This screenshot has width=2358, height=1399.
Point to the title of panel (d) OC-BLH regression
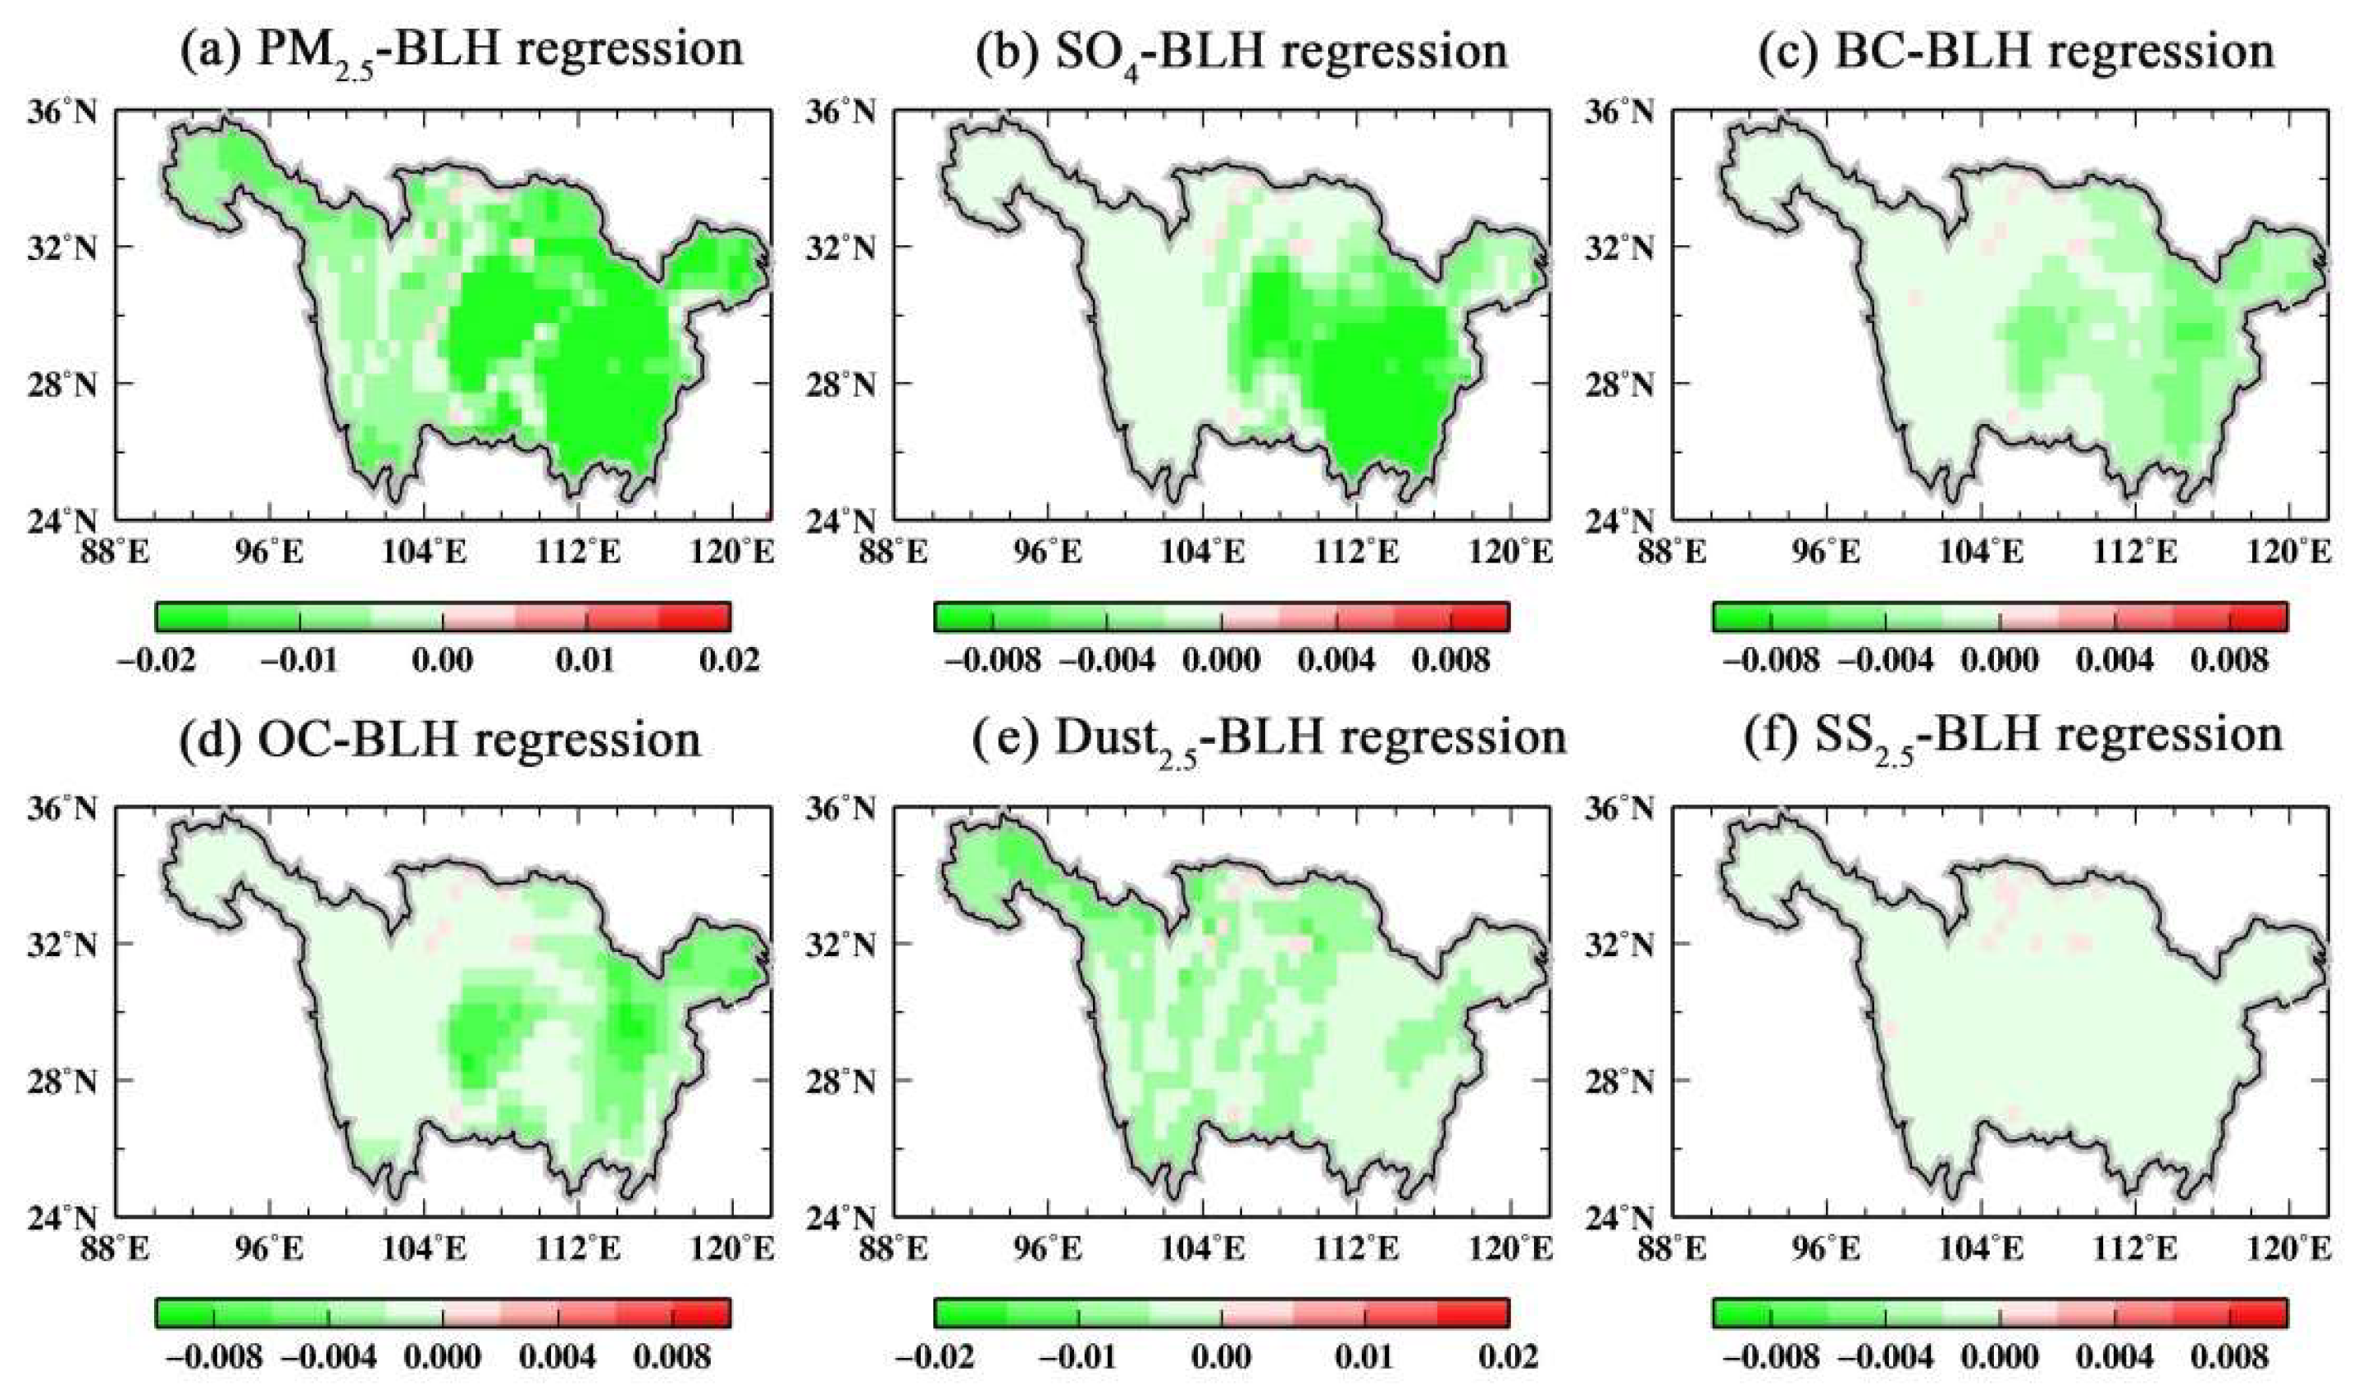[x=440, y=740]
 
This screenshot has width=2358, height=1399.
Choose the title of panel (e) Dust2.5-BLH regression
[x=1263, y=740]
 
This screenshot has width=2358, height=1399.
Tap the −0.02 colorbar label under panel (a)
[x=156, y=660]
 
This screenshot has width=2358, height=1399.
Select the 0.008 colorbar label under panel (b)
[x=1452, y=660]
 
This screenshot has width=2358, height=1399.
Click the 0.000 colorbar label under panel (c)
[x=2000, y=660]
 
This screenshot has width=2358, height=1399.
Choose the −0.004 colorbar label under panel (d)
[x=329, y=1357]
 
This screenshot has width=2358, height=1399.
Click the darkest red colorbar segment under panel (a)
[x=694, y=617]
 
